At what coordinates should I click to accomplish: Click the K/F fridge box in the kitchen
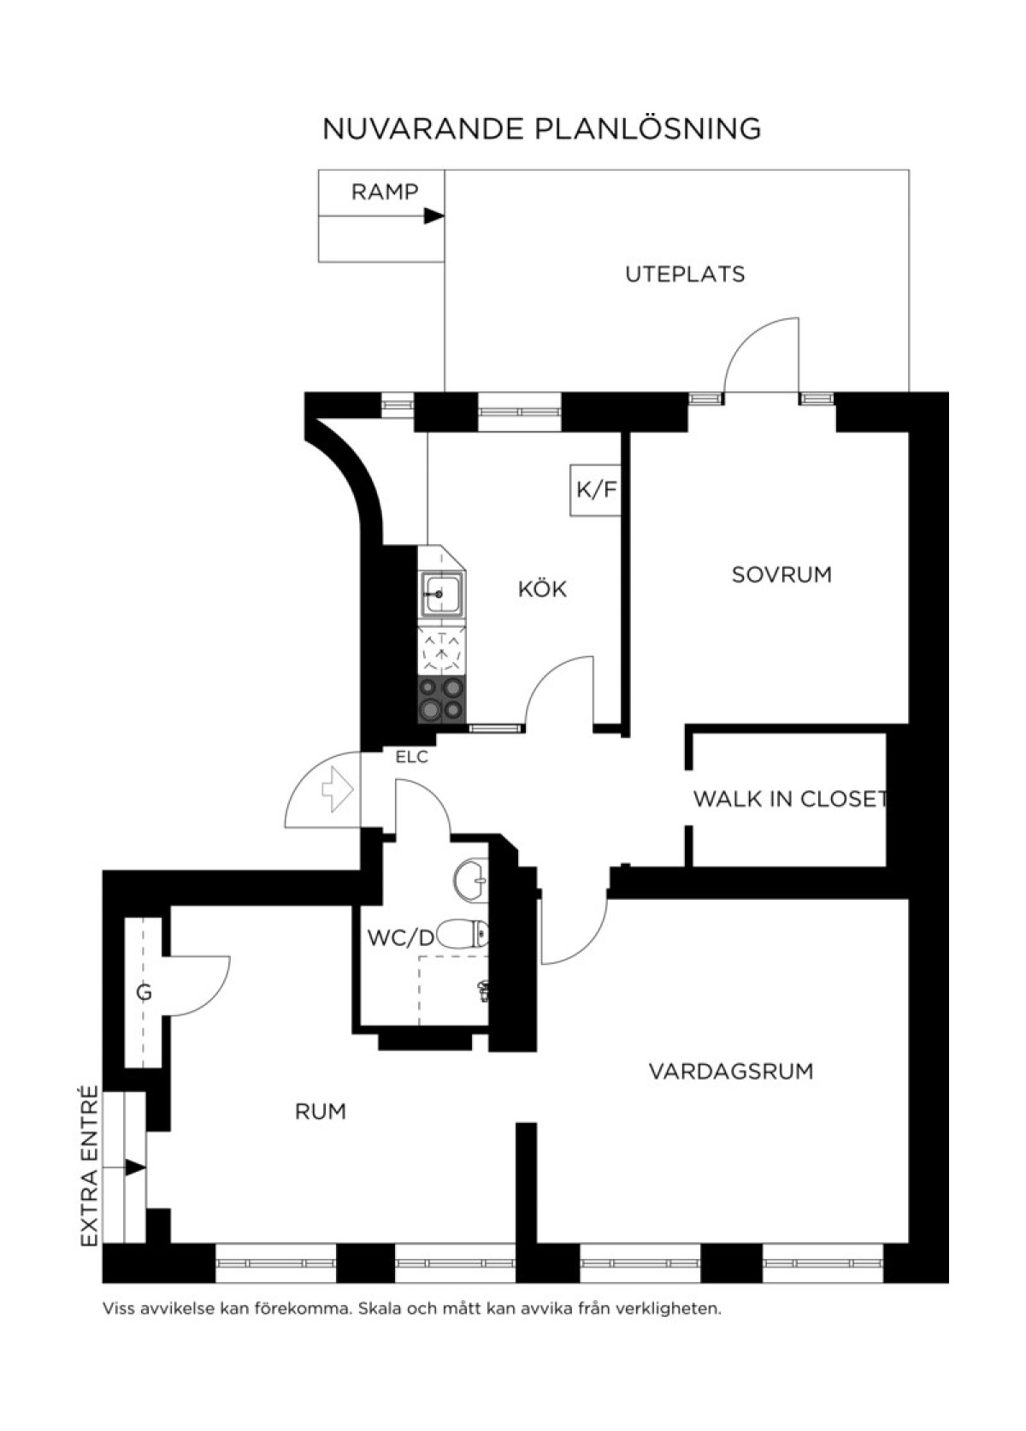pos(595,490)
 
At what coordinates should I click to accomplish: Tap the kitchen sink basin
pos(441,594)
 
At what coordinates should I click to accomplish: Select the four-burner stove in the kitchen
pos(442,699)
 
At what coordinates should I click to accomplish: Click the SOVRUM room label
pos(781,575)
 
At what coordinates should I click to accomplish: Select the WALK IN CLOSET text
pos(790,799)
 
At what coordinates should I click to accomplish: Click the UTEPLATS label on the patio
pos(685,274)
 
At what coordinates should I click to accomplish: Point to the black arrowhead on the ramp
pos(435,216)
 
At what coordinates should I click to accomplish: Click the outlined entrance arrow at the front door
pos(338,789)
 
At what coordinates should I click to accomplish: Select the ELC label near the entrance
pos(412,758)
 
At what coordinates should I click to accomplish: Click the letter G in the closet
pos(144,993)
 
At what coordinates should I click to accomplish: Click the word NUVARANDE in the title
pos(424,129)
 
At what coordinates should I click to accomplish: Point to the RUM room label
pos(321,1112)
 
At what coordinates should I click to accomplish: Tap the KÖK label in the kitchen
pos(543,588)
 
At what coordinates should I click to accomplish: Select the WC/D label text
pos(400,938)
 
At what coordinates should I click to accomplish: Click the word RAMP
pos(385,192)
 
